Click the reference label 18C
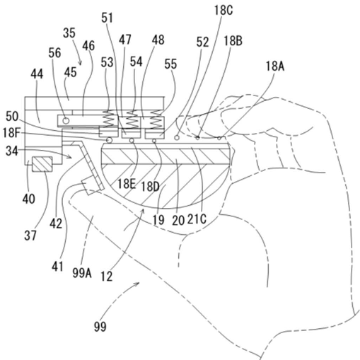click(223, 11)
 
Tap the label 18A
click(275, 66)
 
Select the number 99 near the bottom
click(100, 327)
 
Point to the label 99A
click(82, 273)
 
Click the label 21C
click(197, 219)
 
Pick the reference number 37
click(30, 235)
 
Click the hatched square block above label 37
click(42, 164)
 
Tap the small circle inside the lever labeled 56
click(66, 121)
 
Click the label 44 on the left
click(37, 74)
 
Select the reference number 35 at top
click(69, 33)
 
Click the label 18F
click(11, 133)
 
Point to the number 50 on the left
click(12, 116)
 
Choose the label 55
click(170, 64)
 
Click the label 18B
click(233, 40)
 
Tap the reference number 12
click(107, 276)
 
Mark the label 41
click(57, 267)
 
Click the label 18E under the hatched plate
click(127, 184)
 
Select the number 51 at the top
click(108, 18)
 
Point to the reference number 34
click(12, 151)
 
